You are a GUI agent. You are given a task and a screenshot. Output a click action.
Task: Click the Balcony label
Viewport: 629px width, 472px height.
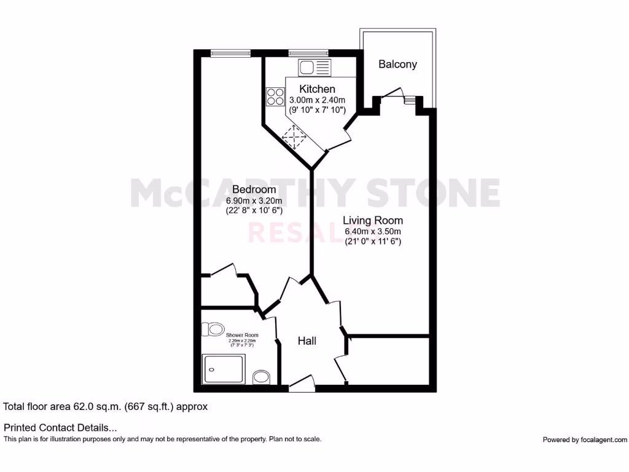coord(397,64)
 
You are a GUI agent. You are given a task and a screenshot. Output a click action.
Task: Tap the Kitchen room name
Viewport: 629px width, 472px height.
coord(317,90)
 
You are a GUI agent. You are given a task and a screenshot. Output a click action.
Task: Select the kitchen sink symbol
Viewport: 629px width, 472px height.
coord(314,67)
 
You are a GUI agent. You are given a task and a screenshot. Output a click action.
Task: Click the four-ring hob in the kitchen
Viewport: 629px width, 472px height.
coord(275,97)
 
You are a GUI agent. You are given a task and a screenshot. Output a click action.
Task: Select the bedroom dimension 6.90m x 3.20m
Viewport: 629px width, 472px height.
coord(254,200)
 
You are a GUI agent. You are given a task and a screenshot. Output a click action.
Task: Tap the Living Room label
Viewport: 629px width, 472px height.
coord(373,220)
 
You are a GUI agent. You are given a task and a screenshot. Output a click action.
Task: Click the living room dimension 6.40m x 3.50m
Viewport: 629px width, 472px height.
coord(373,232)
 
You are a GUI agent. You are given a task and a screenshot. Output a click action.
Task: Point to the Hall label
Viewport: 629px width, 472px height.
coord(307,340)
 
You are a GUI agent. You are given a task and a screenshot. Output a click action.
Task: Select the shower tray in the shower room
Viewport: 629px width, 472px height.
coord(224,369)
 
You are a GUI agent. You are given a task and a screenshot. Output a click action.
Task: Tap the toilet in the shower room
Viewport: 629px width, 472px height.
coord(215,330)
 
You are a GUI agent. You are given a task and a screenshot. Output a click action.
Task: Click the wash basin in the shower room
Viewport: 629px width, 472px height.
coord(262,376)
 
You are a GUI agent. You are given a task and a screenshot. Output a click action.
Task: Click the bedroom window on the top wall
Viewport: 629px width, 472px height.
coord(230,53)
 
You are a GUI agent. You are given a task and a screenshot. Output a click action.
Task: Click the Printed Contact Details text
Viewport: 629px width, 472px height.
coord(60,428)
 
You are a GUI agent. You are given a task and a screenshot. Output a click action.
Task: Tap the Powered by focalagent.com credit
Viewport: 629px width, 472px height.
coord(585,439)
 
